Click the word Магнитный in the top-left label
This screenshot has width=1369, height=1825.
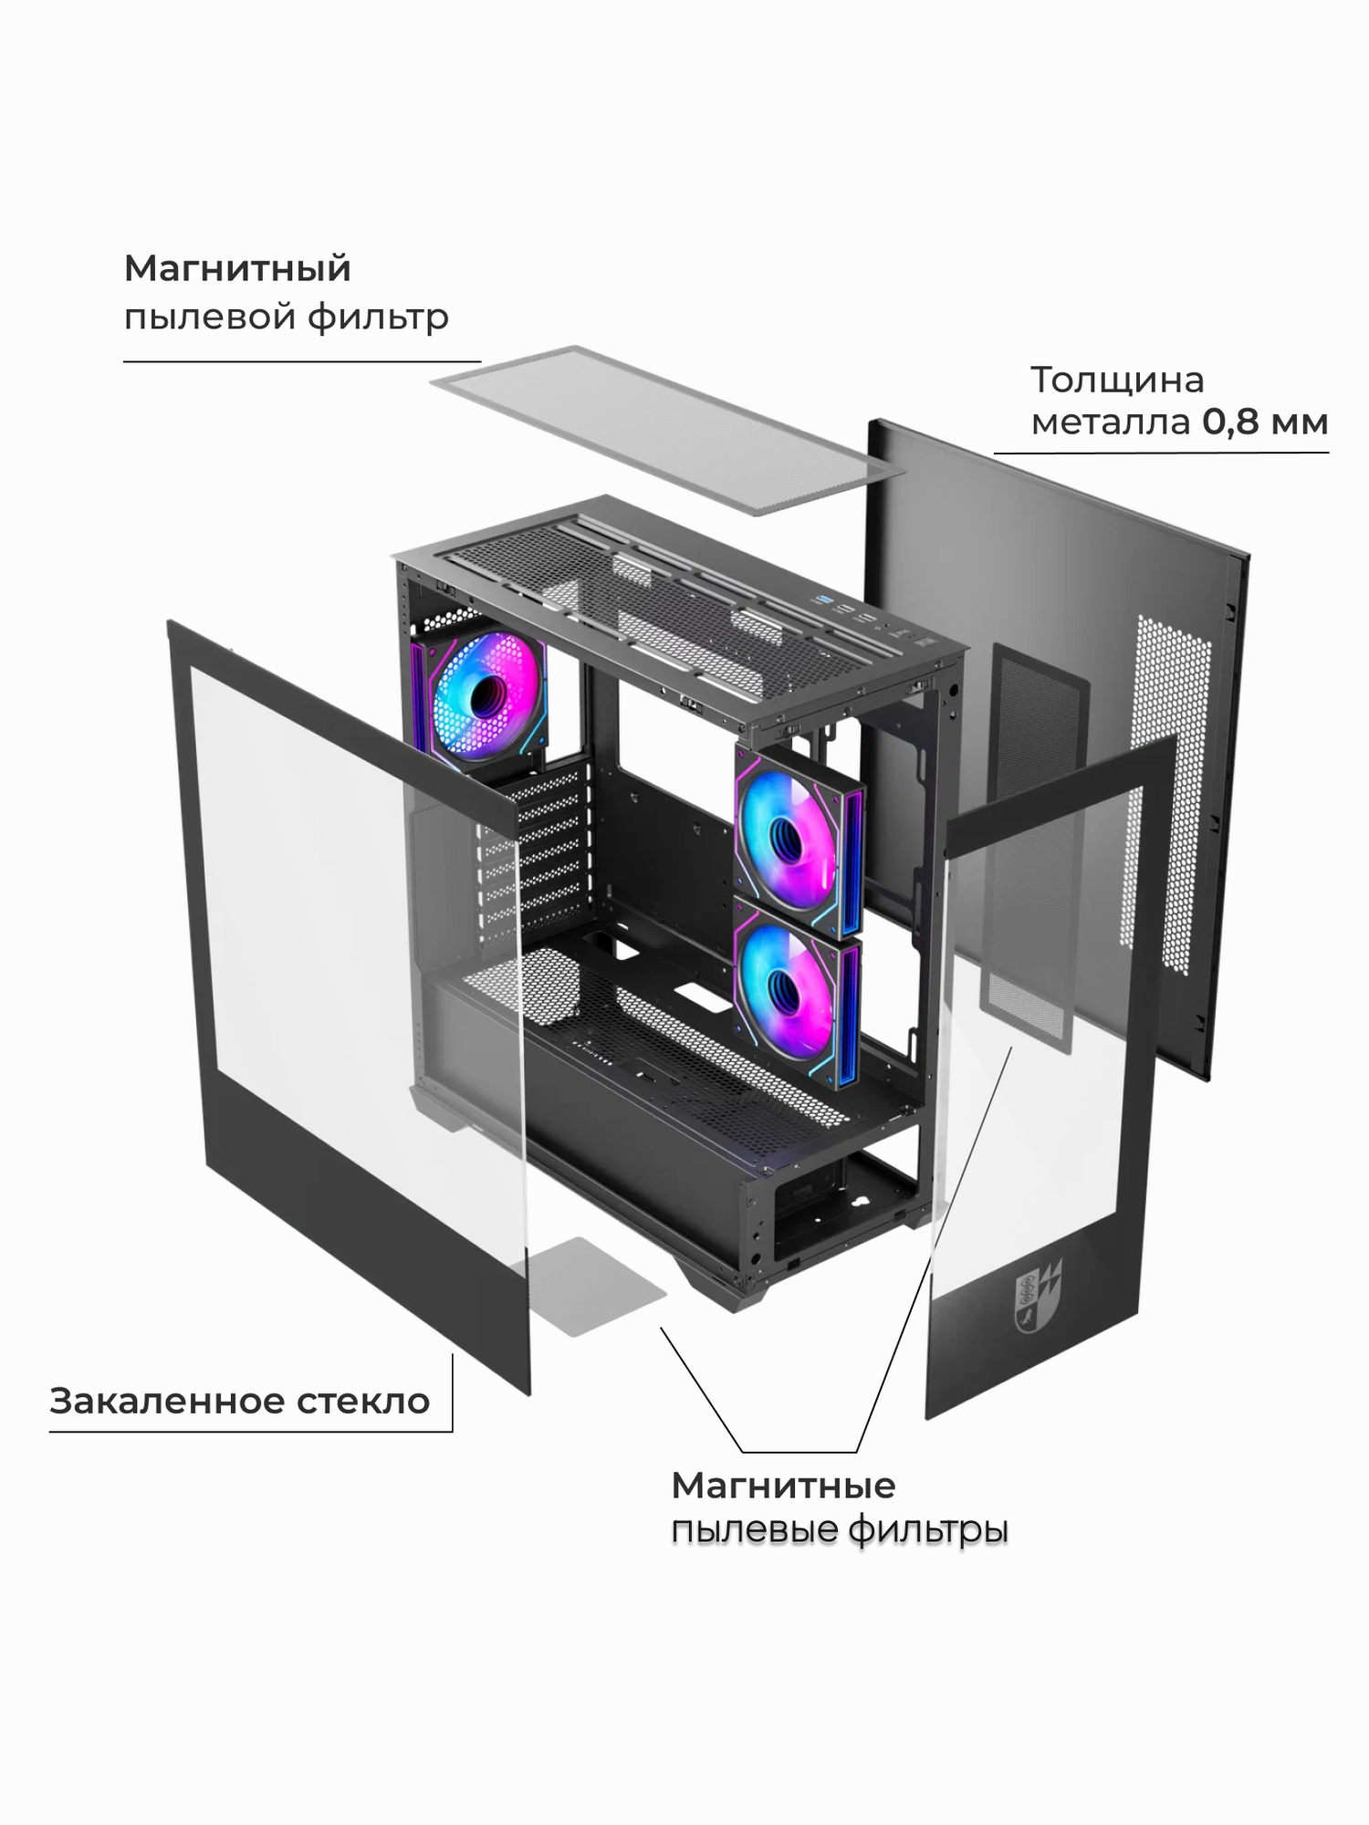pos(237,269)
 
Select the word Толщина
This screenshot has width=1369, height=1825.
pos(1116,380)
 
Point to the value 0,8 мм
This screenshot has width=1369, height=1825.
pos(1264,422)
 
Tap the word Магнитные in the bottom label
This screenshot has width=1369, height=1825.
pos(783,1486)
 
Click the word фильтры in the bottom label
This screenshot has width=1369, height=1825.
pos(927,1529)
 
